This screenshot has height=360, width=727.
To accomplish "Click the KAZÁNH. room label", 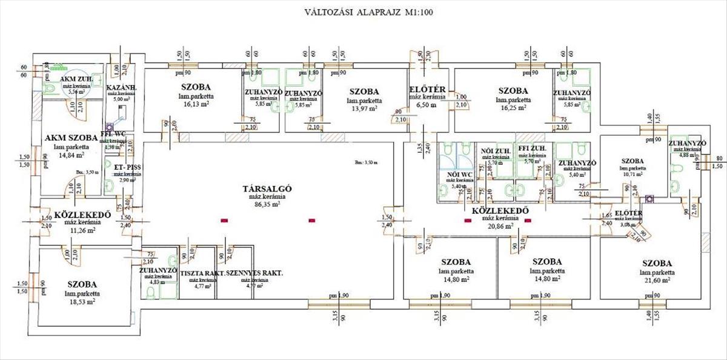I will point(122,88).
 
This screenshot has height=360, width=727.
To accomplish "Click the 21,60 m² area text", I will point(657,281).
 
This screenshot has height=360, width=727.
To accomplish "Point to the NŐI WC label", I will point(459,175).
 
